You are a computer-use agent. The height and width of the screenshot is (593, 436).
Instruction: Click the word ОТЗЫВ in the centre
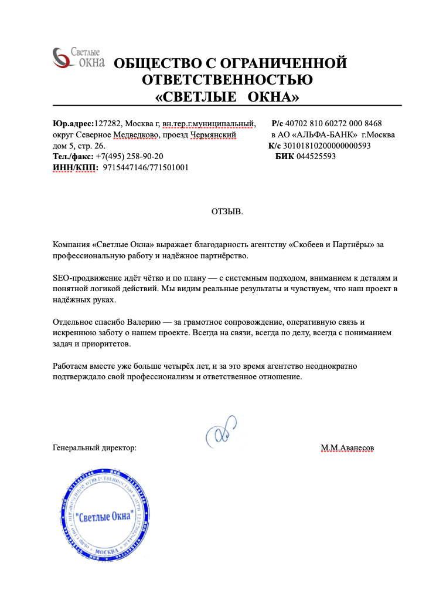pyautogui.click(x=227, y=211)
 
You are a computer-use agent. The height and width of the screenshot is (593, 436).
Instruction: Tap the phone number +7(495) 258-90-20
pyautogui.click(x=130, y=156)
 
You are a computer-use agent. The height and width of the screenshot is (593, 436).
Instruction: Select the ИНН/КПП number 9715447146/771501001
pyautogui.click(x=146, y=167)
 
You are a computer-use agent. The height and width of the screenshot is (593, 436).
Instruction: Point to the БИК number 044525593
pyautogui.click(x=316, y=156)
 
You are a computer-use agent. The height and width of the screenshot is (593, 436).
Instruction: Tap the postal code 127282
pyautogui.click(x=108, y=123)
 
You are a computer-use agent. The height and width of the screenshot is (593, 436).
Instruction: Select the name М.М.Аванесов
pyautogui.click(x=347, y=448)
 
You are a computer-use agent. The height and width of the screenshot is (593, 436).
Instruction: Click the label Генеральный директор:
pyautogui.click(x=94, y=448)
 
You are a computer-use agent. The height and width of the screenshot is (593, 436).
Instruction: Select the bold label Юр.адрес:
pyautogui.click(x=73, y=123)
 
